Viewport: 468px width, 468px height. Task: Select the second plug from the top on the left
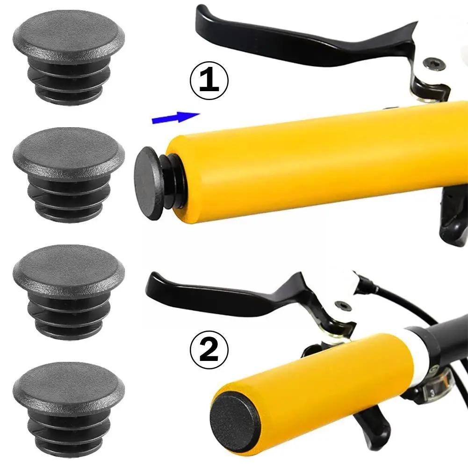click(69, 173)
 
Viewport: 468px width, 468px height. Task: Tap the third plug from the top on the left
click(69, 290)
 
